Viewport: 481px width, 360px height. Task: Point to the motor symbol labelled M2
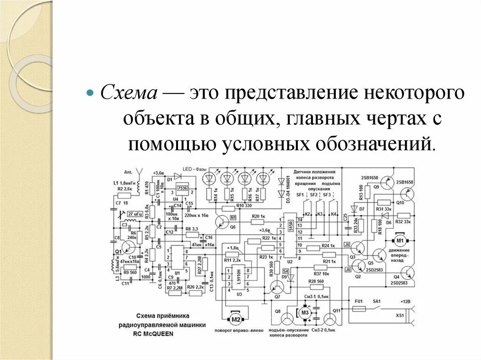point(235,320)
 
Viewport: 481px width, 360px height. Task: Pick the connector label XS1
point(400,315)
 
